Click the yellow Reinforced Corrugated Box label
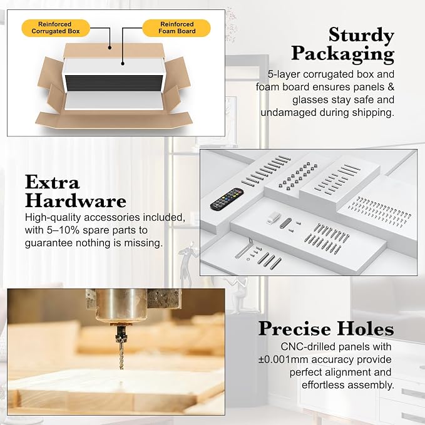point(56,28)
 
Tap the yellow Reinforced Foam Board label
point(177,28)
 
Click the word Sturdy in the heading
point(361,35)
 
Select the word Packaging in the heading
point(342,54)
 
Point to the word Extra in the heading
point(53,182)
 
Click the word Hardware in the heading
point(76,201)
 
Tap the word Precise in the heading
point(295,329)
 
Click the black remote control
point(227,198)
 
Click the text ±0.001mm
point(284,360)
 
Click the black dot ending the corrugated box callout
point(110,48)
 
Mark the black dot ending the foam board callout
point(123,64)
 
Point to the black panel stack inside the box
point(113,83)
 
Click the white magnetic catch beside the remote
point(273,218)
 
